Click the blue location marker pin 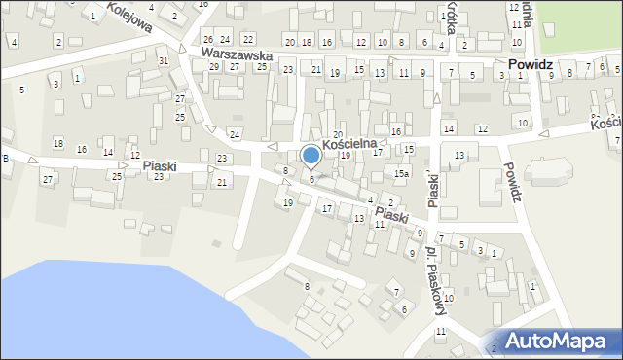pos(311,156)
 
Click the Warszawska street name pos(236,55)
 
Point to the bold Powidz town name pos(531,64)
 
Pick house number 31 pos(164,61)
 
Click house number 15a pos(401,173)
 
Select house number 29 pos(214,66)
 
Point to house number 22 pos(248,39)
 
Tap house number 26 pos(207,39)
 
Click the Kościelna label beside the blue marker pos(354,143)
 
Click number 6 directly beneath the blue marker pos(311,179)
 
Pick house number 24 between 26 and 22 pos(225,39)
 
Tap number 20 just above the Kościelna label pos(338,134)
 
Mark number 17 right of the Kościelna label pos(378,152)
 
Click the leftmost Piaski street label pos(159,166)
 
